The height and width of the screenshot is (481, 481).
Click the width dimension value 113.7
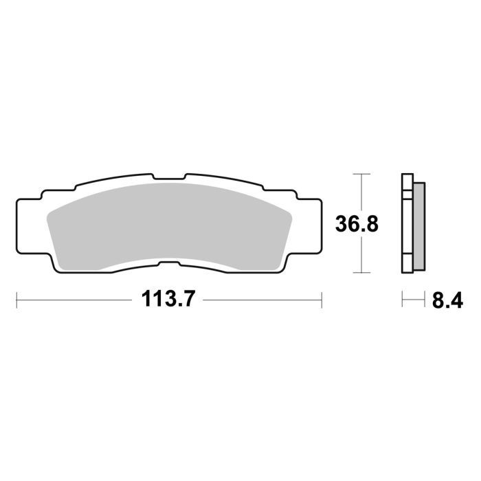pyautogui.click(x=169, y=300)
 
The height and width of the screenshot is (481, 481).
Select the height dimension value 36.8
pyautogui.click(x=357, y=223)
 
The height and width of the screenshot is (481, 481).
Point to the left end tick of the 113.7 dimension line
pyautogui.click(x=16, y=300)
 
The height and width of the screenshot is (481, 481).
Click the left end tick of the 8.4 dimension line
pyautogui.click(x=403, y=300)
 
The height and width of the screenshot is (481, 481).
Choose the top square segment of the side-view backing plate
pyautogui.click(x=407, y=183)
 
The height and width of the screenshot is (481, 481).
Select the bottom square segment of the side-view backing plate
pyautogui.click(x=407, y=265)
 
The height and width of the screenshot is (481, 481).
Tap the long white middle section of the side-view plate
pyautogui.click(x=407, y=223)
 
